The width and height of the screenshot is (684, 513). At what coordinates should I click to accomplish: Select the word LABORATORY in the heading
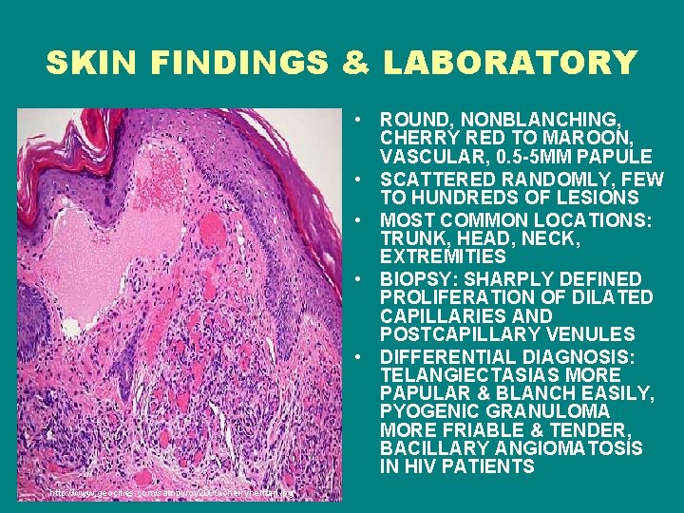(509, 64)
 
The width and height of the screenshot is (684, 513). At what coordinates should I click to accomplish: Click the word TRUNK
(410, 237)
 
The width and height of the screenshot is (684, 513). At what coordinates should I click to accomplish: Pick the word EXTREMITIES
(444, 256)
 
